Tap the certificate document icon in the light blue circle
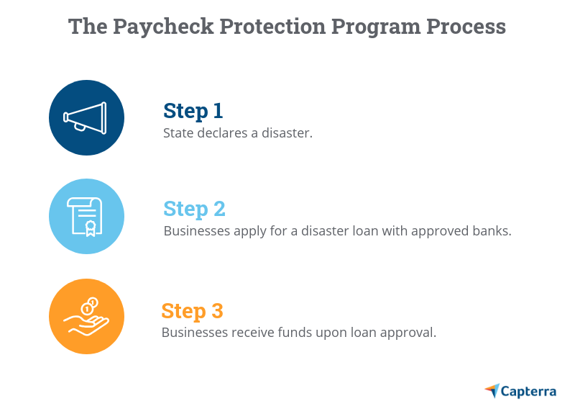86,217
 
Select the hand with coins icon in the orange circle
86,316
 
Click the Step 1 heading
193,111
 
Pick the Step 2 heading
194,209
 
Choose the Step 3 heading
192,311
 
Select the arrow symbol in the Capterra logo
492,391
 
